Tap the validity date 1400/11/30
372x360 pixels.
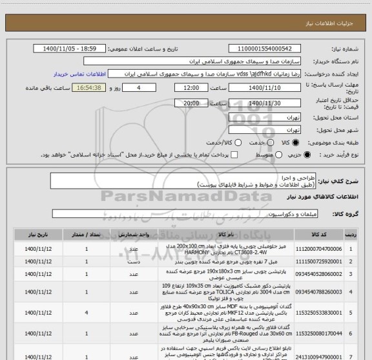tap(265, 102)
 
